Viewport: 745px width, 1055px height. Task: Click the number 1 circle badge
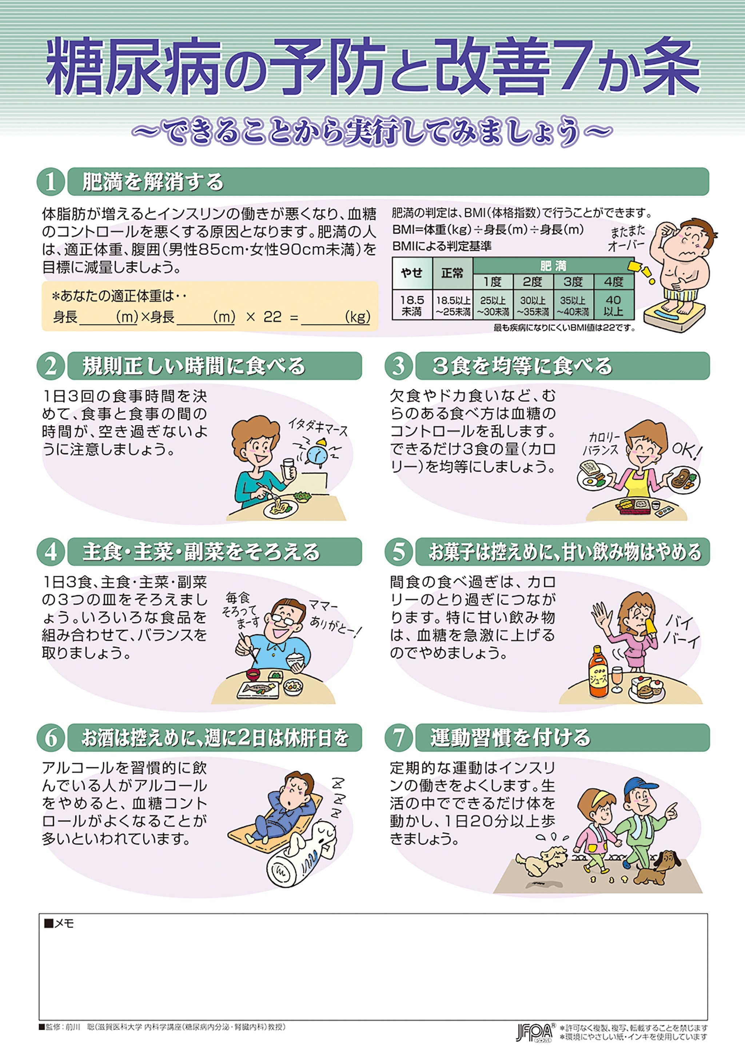(50, 182)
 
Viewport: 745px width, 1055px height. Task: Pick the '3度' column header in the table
(573, 281)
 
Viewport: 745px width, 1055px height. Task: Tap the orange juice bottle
(598, 674)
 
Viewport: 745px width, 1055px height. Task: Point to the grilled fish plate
(258, 689)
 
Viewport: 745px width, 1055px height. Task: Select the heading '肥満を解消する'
(152, 182)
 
